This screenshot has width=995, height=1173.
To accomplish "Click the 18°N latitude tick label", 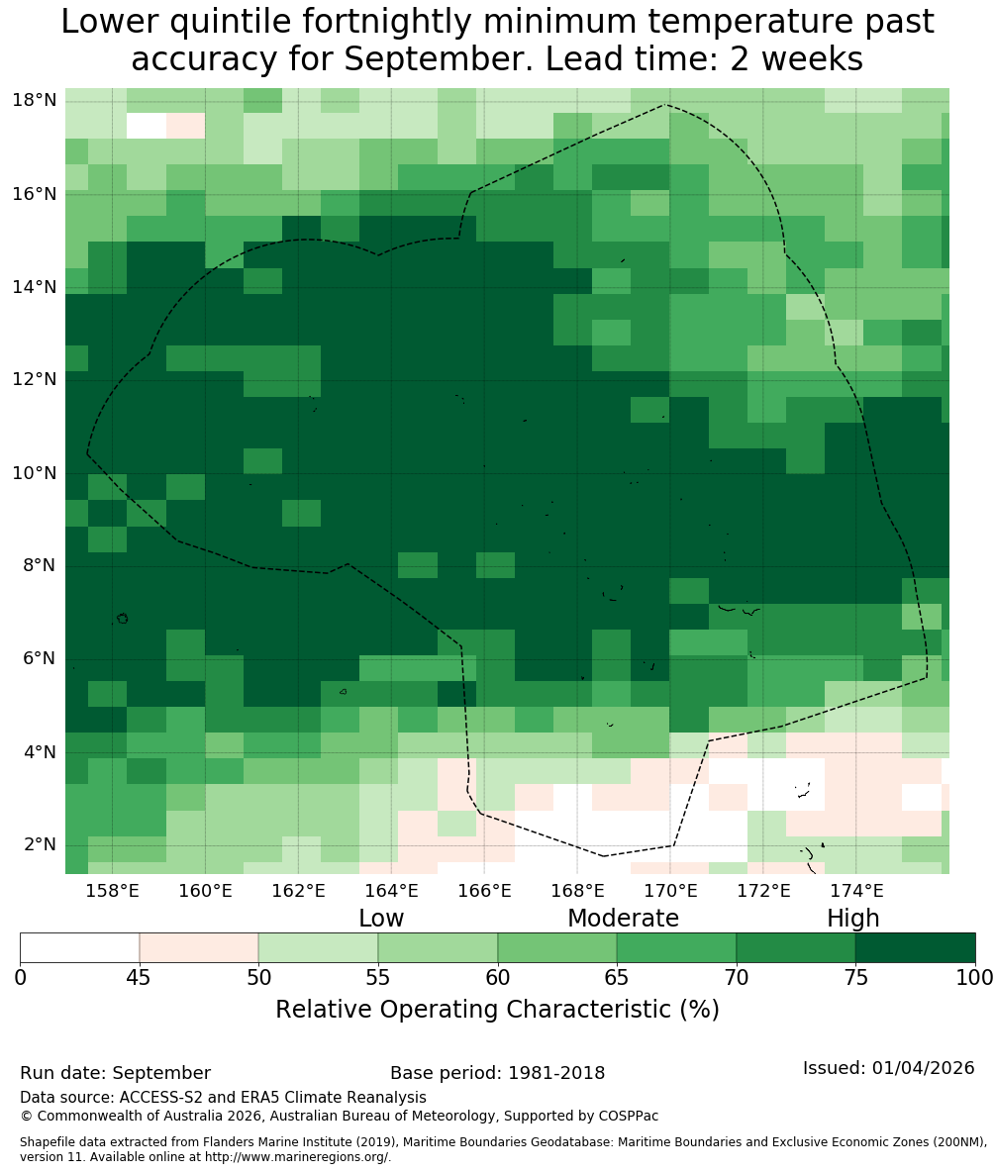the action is point(35,100).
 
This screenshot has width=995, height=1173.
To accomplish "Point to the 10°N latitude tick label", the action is point(35,473).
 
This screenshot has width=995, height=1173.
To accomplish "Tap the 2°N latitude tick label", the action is point(40,844).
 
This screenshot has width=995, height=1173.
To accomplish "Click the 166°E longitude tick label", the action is point(484,891).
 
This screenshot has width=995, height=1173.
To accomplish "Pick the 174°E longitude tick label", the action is point(857,891).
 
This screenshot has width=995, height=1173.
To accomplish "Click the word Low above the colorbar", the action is point(381,918).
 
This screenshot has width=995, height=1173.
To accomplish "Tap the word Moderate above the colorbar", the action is point(623,918).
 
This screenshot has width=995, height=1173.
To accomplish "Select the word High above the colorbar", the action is point(852,918).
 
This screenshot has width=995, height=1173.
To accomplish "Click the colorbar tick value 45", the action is point(140,978).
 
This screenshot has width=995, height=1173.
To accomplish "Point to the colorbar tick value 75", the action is point(855,978).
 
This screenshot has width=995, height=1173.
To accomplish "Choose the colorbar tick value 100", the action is point(975,978).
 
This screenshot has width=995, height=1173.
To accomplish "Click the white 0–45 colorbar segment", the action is point(79,948).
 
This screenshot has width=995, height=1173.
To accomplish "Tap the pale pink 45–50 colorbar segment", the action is point(199,948).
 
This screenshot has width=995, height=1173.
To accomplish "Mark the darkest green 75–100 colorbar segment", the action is point(916,948).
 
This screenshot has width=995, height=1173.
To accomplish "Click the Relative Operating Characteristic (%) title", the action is point(497,1009).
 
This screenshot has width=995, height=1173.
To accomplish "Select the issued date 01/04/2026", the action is point(923,1067).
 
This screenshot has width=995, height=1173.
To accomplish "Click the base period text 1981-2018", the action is point(556,1073).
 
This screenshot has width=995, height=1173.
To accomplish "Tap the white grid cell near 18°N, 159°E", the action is point(147,126).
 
